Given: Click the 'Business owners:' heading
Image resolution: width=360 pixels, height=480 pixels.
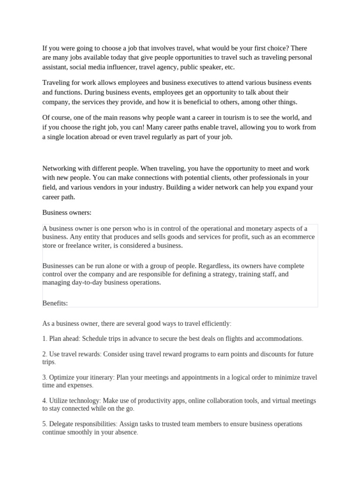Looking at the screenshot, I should (x=67, y=212).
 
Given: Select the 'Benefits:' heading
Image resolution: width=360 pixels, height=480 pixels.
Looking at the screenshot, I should (x=55, y=303).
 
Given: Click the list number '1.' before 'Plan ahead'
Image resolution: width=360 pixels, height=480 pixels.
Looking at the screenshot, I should (x=45, y=338).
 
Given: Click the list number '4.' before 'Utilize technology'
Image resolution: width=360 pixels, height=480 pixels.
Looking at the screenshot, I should (x=45, y=401).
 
